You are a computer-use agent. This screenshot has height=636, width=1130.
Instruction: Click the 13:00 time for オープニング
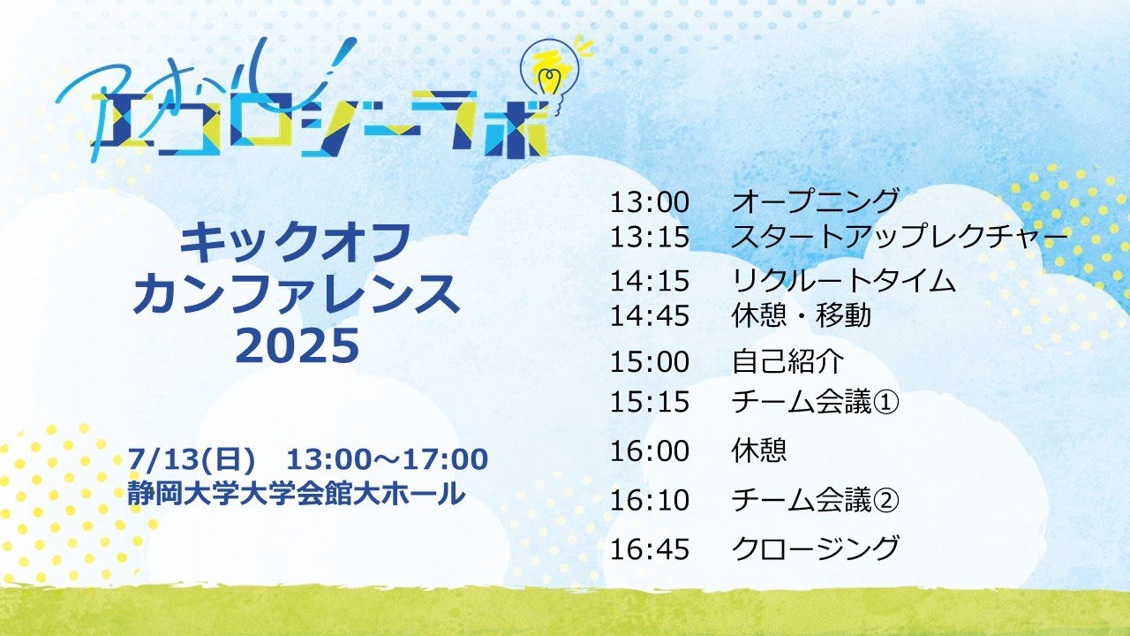(x=650, y=202)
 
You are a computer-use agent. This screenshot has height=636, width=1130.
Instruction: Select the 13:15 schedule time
(x=650, y=237)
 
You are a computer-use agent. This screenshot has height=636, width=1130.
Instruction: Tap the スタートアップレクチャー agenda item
(x=900, y=237)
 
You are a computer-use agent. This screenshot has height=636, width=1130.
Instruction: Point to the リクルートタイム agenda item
(x=843, y=281)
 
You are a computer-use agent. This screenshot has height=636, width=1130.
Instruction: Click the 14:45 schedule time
(x=650, y=316)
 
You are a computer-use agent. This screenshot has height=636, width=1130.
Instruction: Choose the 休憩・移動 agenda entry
(x=802, y=315)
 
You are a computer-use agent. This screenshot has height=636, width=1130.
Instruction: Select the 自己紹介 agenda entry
(x=787, y=361)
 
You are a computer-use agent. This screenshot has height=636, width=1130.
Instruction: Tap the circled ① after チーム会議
(x=885, y=402)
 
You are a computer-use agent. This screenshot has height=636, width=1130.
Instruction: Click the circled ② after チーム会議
(x=885, y=500)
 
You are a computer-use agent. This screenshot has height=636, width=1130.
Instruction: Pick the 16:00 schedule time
(x=650, y=450)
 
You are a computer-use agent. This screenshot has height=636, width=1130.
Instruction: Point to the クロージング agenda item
(x=815, y=549)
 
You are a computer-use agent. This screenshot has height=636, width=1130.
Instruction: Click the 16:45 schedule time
(x=650, y=549)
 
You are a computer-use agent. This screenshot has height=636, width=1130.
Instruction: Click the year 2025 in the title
(x=298, y=346)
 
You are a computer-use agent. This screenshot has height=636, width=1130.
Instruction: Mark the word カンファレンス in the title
(x=296, y=294)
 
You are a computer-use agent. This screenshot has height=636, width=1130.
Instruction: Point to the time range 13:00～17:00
(x=388, y=459)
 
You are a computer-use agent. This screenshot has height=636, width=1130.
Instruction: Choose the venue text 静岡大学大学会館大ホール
(x=296, y=493)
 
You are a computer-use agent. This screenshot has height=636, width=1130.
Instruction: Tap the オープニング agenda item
(x=815, y=201)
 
